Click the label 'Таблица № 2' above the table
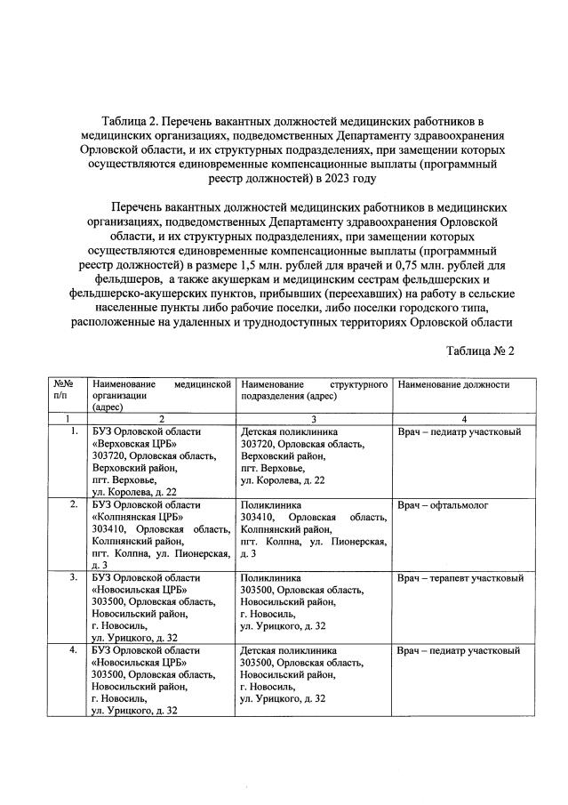pos(479,351)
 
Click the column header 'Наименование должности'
pos(453,385)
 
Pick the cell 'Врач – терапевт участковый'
pos(460,578)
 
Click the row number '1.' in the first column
pos(74,432)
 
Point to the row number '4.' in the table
pos(74,651)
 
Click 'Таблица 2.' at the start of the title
pos(133,119)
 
